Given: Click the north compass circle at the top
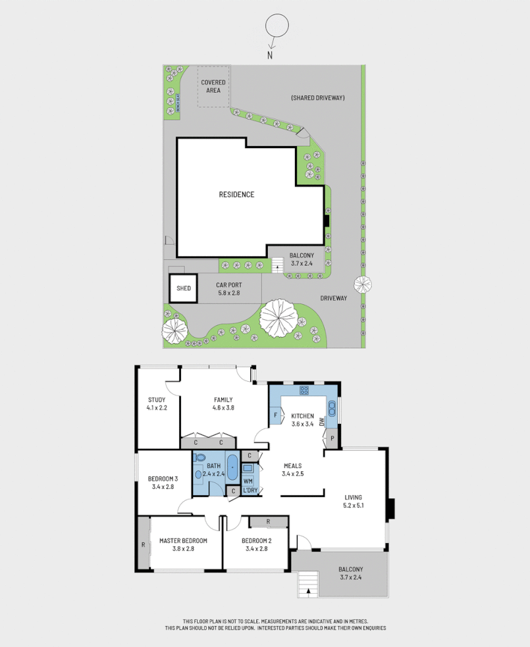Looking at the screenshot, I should tap(277, 28).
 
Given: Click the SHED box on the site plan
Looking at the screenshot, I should tap(184, 288).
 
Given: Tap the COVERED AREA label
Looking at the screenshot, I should tap(213, 86).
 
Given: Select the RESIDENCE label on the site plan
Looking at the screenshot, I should tap(236, 194).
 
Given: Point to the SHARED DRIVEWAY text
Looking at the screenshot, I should tap(318, 98).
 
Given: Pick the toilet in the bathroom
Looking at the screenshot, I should tap(200, 457).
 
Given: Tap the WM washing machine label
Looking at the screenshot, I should tap(248, 481).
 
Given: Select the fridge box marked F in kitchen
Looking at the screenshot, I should tap(275, 415).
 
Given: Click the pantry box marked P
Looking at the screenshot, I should tap(332, 438).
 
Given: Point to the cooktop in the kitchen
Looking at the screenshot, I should tap(304, 390).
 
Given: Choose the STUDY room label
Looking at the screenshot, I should tap(156, 403).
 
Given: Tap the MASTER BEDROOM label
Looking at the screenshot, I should tap(183, 544).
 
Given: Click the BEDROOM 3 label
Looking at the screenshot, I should tap(163, 482).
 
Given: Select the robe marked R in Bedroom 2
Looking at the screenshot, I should tap(268, 522).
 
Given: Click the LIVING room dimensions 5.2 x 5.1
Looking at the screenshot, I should tap(353, 505).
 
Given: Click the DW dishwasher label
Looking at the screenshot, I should tap(321, 421).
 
